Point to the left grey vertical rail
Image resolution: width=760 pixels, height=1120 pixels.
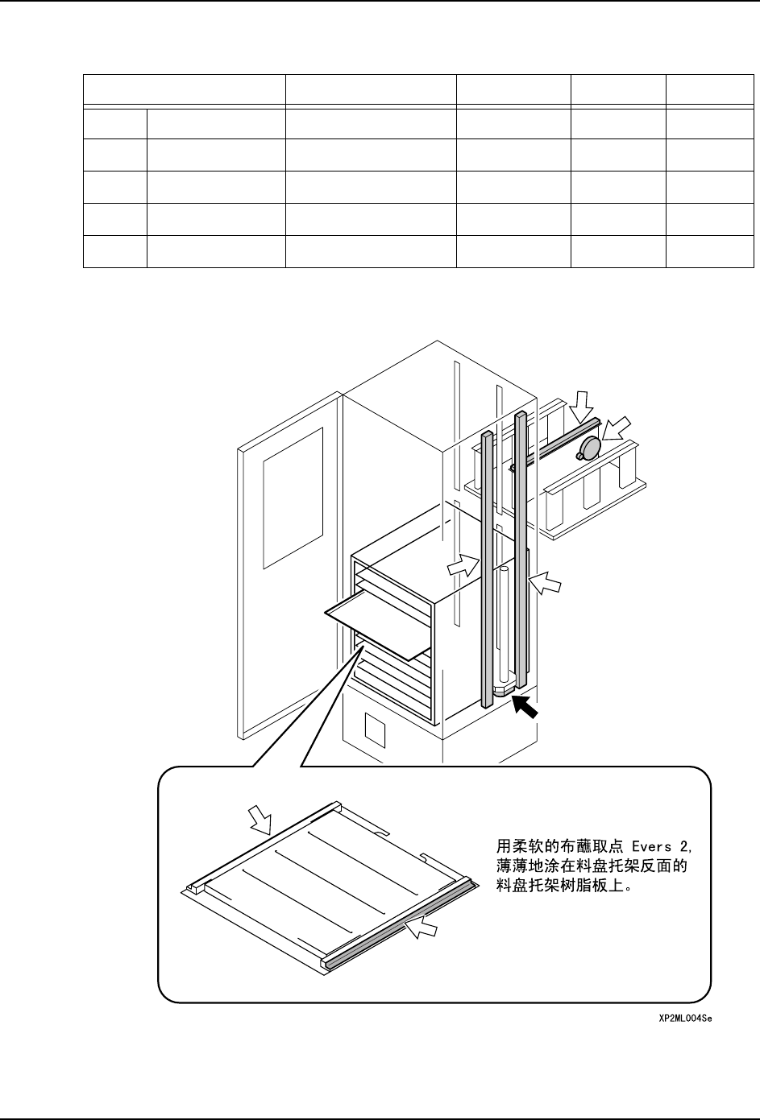coord(487,564)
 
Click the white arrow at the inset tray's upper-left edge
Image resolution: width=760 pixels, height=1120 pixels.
coord(262,820)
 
